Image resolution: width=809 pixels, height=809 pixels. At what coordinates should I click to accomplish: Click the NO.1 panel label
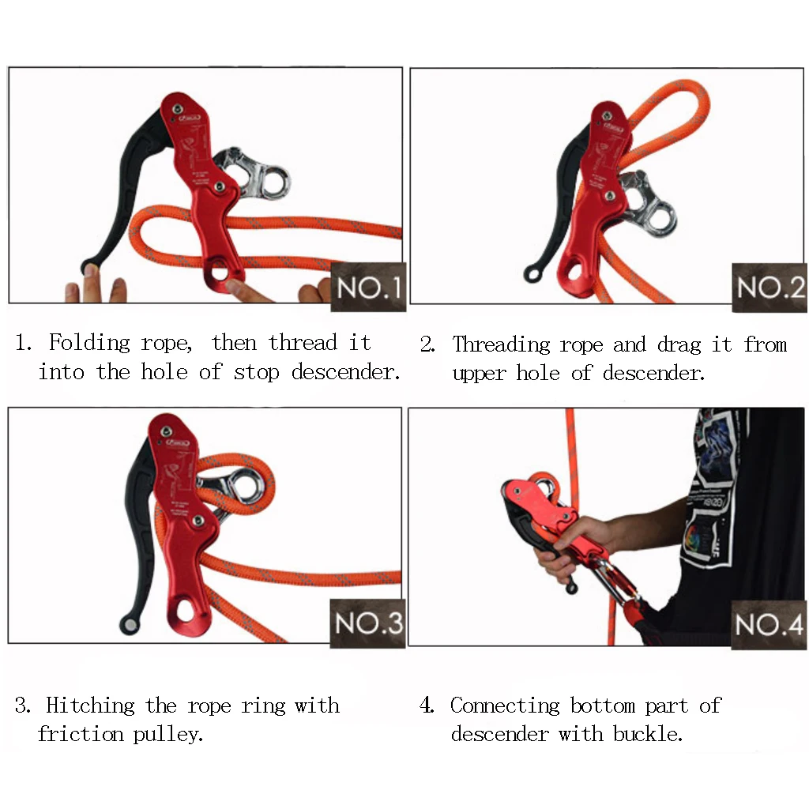(x=369, y=288)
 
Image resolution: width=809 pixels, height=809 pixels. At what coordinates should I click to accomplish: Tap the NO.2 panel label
(x=769, y=288)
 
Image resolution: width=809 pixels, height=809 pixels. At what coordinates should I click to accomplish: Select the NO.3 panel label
(x=368, y=623)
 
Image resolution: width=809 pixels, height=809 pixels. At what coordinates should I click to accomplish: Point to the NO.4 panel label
(x=769, y=625)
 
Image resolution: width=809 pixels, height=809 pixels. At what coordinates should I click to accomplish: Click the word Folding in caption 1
(x=89, y=344)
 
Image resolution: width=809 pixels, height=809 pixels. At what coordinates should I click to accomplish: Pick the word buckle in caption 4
(x=647, y=734)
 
